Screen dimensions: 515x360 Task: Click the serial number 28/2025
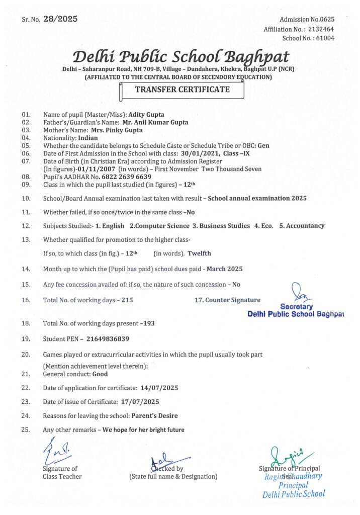60,19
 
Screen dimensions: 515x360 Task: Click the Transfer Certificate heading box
182,90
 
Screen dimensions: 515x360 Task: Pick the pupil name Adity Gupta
147,114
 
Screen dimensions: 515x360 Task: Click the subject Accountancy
305,226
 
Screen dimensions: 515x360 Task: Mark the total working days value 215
127,300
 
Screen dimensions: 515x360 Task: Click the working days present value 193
149,323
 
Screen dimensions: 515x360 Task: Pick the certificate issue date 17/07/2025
140,402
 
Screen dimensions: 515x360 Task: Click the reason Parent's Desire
154,416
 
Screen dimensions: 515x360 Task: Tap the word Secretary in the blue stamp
296,306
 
